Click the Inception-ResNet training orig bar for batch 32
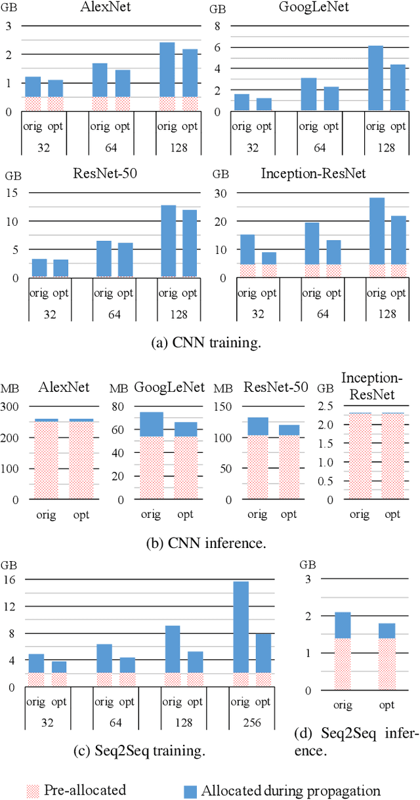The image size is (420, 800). tap(247, 256)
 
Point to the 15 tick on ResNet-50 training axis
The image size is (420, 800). tap(11, 193)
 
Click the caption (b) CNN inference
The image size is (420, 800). tap(209, 542)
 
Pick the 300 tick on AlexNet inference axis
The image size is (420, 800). tap(11, 407)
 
